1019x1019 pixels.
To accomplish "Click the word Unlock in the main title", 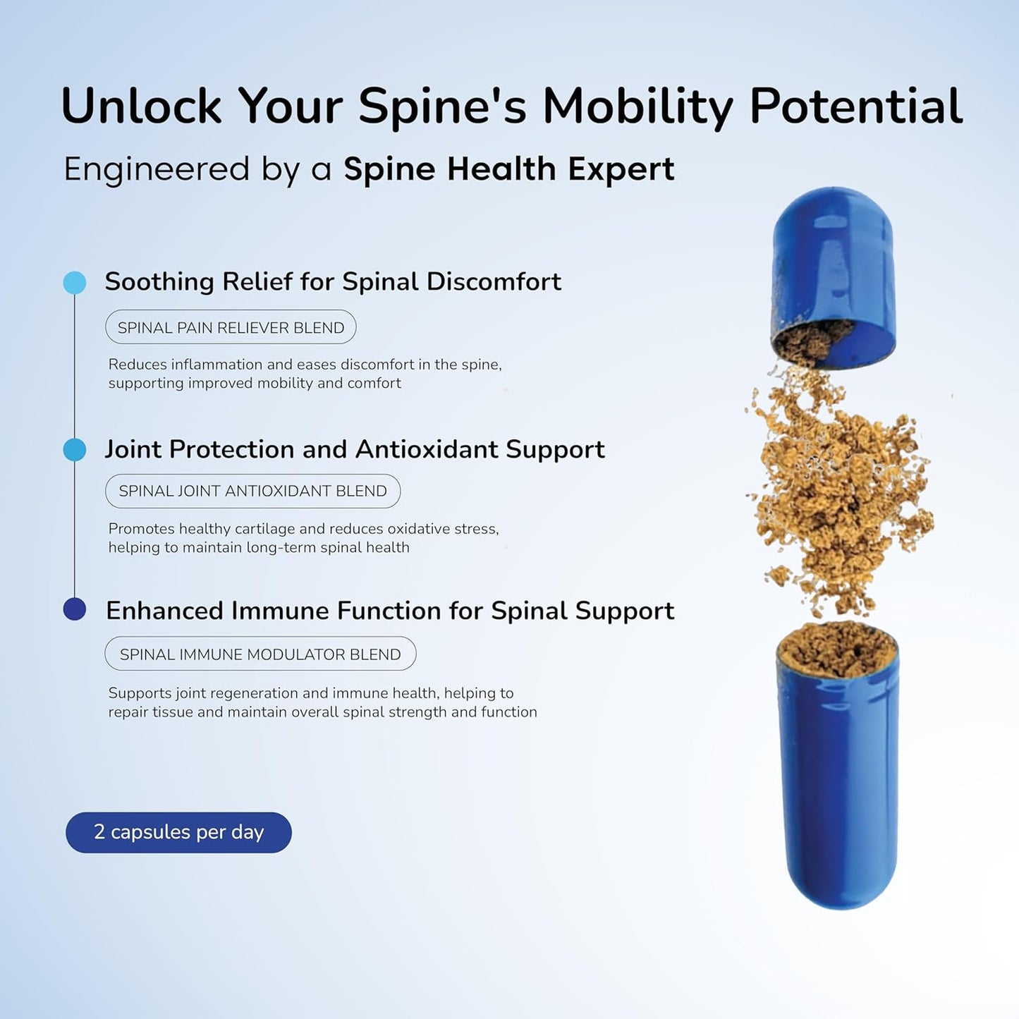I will coord(141,106).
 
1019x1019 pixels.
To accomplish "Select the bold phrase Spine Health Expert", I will coord(508,169).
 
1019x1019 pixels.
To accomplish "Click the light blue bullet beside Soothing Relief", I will coord(75,283).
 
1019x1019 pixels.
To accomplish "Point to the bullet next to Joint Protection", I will coord(75,449).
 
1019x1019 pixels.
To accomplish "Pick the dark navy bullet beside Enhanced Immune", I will coord(75,609).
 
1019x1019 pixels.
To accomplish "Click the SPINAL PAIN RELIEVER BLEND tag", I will coord(231,327).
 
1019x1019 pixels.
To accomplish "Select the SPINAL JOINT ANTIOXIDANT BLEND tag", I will coord(252,491).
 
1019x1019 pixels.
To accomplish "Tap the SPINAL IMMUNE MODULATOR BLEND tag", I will coord(260,654).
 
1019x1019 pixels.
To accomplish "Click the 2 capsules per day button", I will coord(178,832).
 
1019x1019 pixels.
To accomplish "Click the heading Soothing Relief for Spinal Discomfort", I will coord(333,281).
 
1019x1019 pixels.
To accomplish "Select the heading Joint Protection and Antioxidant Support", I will coord(355,449).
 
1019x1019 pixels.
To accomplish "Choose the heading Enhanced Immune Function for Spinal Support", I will coord(390,611).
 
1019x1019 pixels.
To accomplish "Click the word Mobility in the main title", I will coord(637,106).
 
